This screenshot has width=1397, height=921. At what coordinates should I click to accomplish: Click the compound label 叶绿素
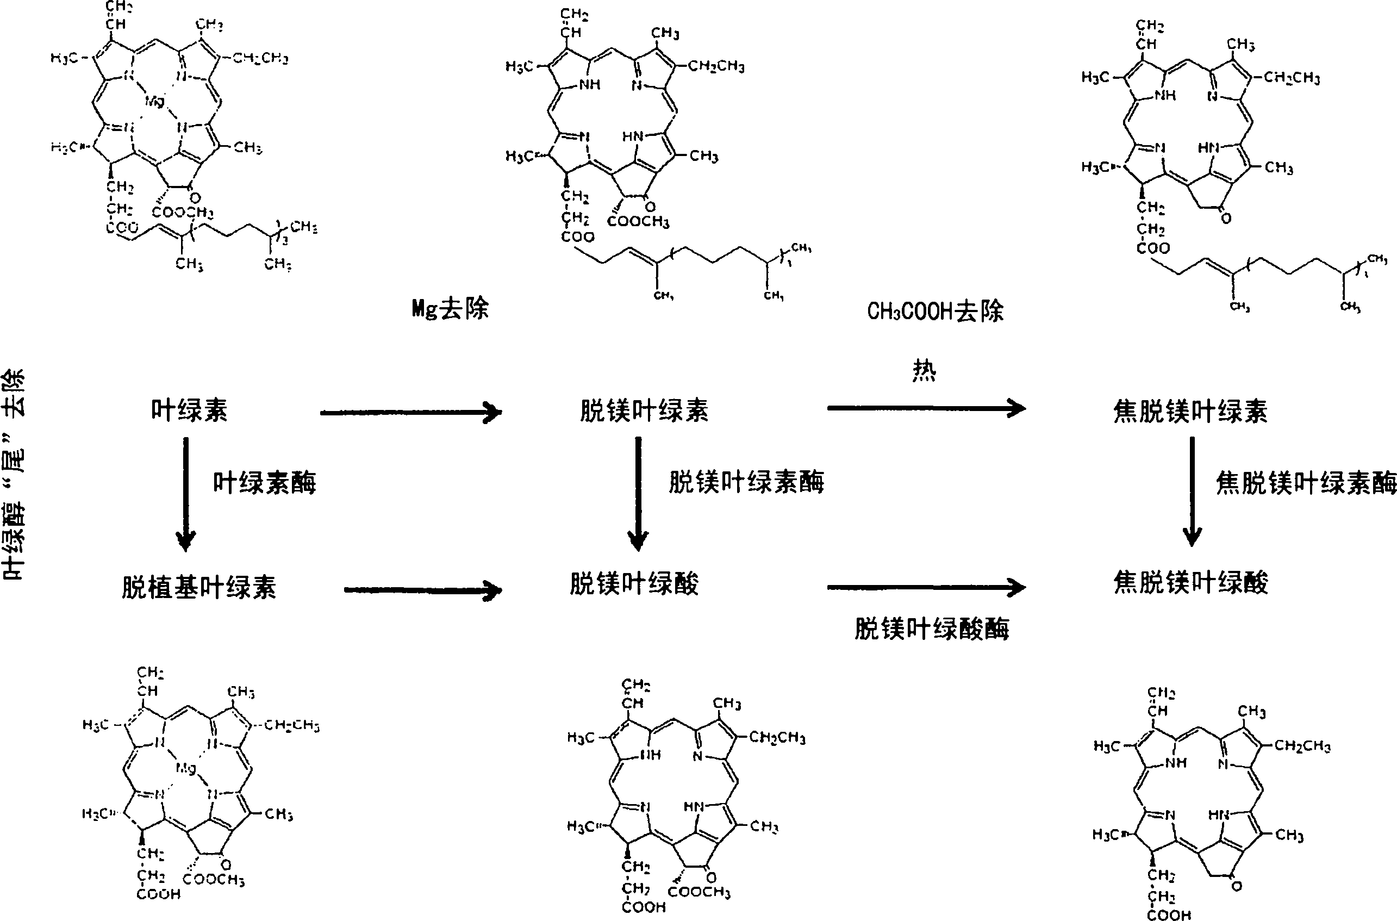(x=189, y=410)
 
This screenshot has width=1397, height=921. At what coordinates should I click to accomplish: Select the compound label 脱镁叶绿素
(x=644, y=410)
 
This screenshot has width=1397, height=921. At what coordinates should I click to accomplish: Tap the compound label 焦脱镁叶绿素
(x=1190, y=411)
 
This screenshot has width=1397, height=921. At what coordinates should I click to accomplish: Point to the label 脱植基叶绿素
(x=198, y=587)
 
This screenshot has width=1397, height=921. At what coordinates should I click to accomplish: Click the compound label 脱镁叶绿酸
(x=634, y=584)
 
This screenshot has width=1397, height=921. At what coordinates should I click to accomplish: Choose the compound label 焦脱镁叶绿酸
(x=1191, y=583)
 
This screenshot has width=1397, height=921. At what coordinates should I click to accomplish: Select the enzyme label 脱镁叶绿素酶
(x=746, y=482)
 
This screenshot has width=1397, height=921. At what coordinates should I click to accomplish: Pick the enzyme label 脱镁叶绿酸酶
(x=932, y=629)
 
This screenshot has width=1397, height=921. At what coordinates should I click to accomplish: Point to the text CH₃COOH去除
(x=936, y=312)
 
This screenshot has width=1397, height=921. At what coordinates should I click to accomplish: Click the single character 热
(x=924, y=371)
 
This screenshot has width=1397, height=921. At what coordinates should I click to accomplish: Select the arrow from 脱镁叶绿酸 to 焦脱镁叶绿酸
(x=926, y=586)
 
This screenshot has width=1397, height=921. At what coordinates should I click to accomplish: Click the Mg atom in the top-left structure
(x=154, y=101)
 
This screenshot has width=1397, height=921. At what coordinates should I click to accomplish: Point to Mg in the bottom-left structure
(x=185, y=768)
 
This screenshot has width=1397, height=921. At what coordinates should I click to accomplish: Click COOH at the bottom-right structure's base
(x=1169, y=914)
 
